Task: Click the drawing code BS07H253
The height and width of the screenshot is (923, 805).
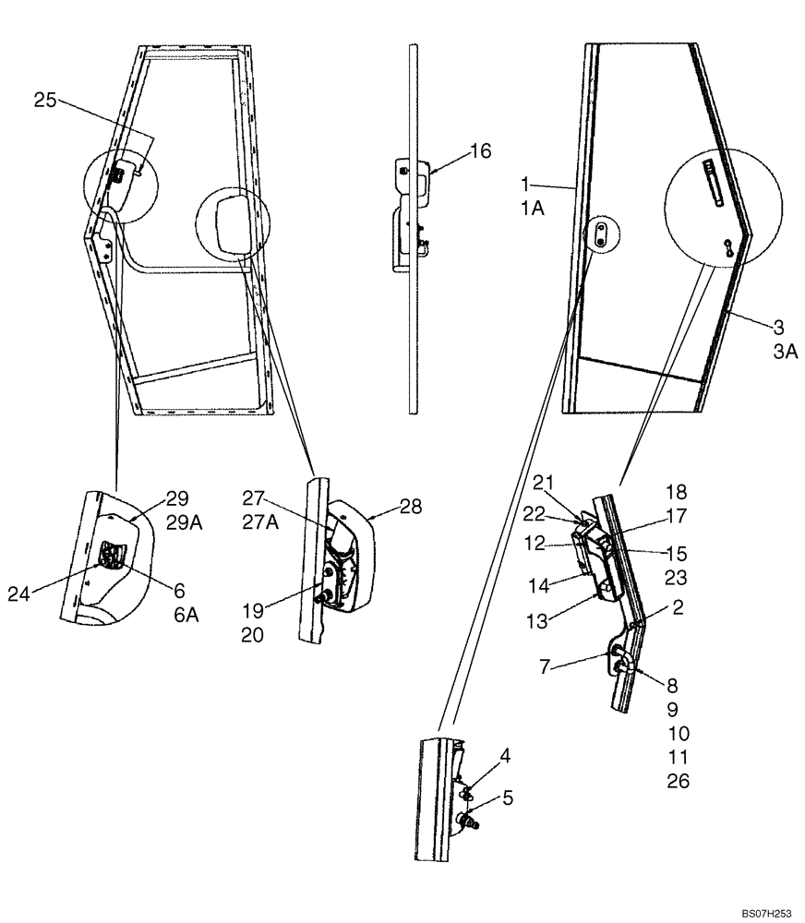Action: click(765, 912)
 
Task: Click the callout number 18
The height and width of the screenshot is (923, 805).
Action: click(677, 491)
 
